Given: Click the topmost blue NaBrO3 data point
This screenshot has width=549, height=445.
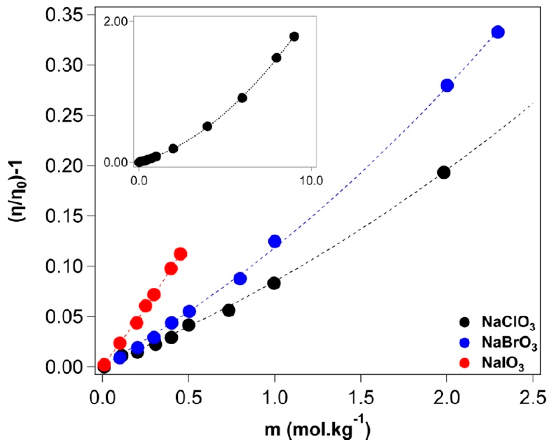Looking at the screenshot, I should (x=498, y=32).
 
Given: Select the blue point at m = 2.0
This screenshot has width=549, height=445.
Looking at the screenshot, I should (x=447, y=85).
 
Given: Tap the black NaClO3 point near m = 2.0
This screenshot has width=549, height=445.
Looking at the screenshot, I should (x=444, y=173).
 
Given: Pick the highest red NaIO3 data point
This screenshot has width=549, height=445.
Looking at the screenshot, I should (x=181, y=254).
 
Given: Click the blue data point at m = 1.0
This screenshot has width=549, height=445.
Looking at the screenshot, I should (x=275, y=241).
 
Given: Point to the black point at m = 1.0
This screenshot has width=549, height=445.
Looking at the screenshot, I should (x=274, y=283).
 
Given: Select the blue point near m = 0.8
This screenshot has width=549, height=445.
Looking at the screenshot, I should (x=240, y=279).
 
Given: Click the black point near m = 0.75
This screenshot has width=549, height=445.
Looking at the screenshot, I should (x=229, y=310).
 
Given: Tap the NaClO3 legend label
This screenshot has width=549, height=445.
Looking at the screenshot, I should (x=508, y=323).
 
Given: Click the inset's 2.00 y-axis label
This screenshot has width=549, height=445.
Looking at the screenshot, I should (x=115, y=22).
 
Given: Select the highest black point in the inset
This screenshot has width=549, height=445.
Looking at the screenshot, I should (x=294, y=36).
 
